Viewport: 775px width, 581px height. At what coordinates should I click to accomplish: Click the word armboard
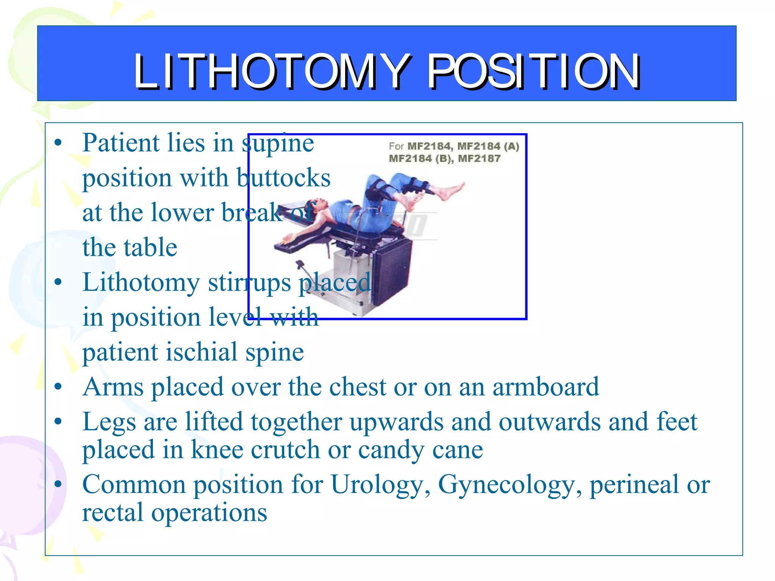pos(546,387)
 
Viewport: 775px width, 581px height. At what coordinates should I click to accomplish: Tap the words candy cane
pos(420,450)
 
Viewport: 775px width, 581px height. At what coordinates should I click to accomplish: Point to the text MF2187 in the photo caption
pos(479,158)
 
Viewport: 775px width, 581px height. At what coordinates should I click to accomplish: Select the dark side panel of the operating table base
pos(392,272)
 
